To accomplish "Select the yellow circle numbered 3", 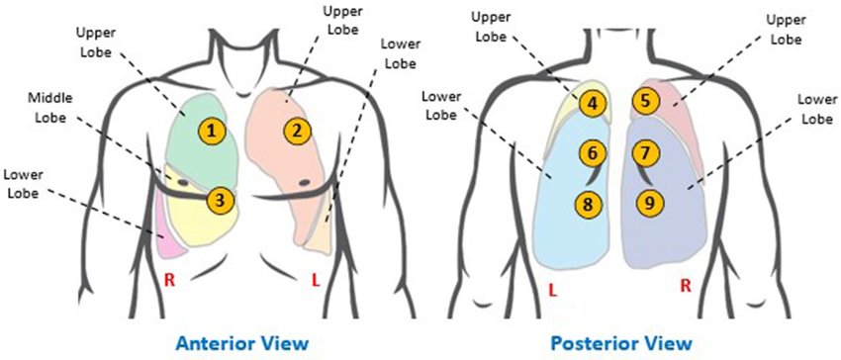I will [x=222, y=200].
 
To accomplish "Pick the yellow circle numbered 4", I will [x=592, y=102].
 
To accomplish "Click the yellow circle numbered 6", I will [x=591, y=153].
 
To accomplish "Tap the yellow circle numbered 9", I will [x=649, y=204].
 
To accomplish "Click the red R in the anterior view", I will [x=169, y=280].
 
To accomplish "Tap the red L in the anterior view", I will [x=316, y=281].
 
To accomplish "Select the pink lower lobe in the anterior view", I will [x=164, y=230].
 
